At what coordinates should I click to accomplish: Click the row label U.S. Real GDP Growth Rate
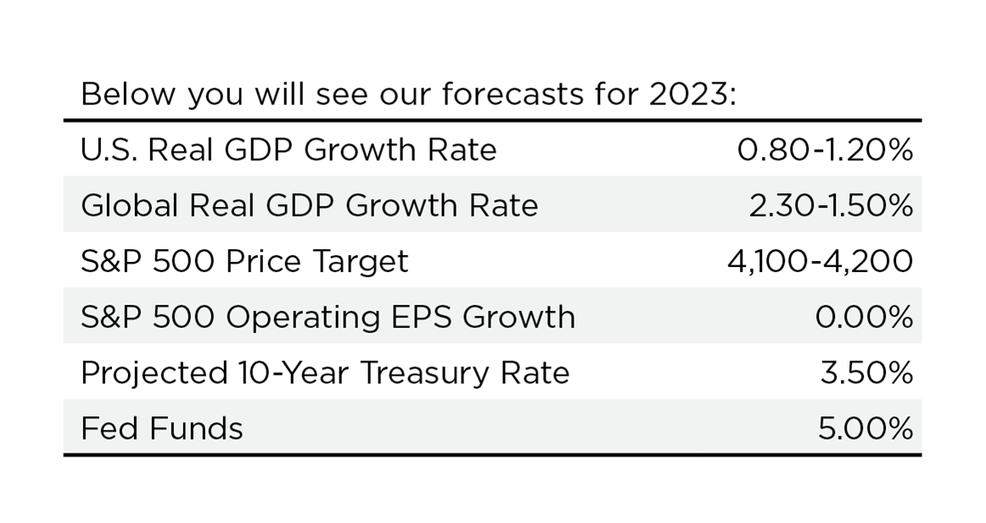pyautogui.click(x=289, y=150)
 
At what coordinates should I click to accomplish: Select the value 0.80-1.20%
pyautogui.click(x=825, y=150)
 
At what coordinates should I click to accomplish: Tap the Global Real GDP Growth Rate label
pyautogui.click(x=309, y=205)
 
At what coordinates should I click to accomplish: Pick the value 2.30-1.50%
pyautogui.click(x=831, y=205)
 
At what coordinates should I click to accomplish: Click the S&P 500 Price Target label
pyautogui.click(x=244, y=261)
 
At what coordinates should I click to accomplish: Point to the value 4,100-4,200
pyautogui.click(x=820, y=261)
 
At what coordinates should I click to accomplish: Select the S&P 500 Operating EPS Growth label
pyautogui.click(x=328, y=317)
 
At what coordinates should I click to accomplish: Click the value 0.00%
pyautogui.click(x=864, y=317)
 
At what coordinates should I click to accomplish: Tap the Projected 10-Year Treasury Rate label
pyautogui.click(x=325, y=373)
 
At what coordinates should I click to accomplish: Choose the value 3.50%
pyautogui.click(x=866, y=373)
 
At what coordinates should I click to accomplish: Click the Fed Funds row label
pyautogui.click(x=161, y=429)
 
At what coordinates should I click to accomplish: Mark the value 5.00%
pyautogui.click(x=866, y=429)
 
